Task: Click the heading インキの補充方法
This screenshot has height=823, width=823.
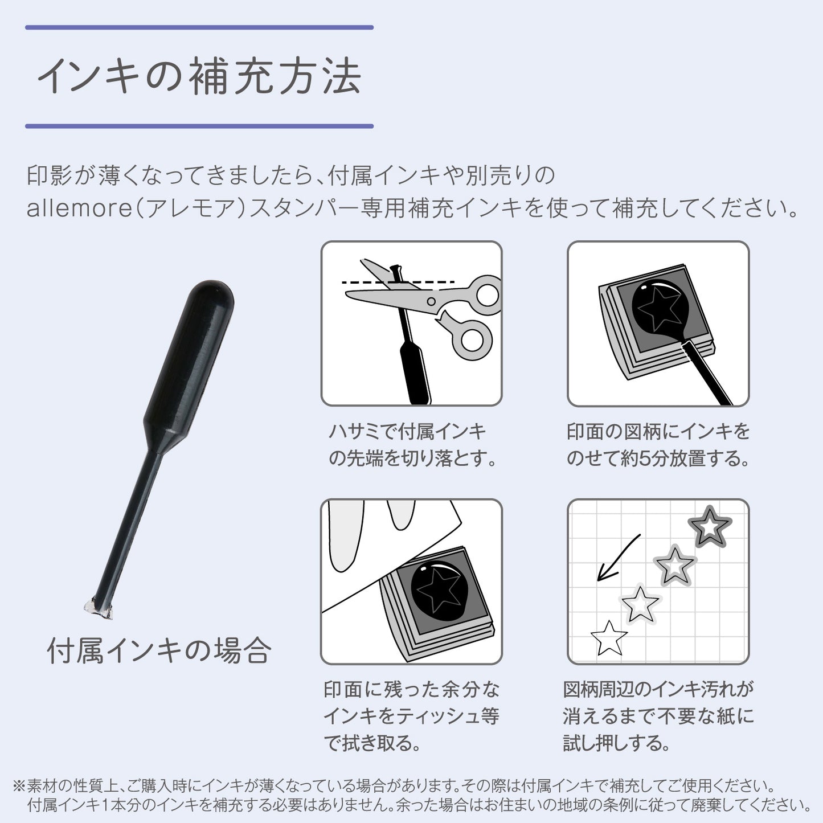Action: coord(199,77)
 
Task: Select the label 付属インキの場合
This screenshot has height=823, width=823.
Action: coord(159,652)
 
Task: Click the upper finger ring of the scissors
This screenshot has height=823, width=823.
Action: coord(488,294)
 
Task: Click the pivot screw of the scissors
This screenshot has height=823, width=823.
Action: coord(431,302)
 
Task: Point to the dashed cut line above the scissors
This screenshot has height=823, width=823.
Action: coord(398,282)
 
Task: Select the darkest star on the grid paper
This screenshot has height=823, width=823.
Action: coord(710,527)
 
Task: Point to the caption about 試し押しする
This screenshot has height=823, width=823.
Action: coord(658,716)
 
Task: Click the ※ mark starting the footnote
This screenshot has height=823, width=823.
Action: coord(19,785)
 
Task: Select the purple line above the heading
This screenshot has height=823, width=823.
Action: coord(199,27)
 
